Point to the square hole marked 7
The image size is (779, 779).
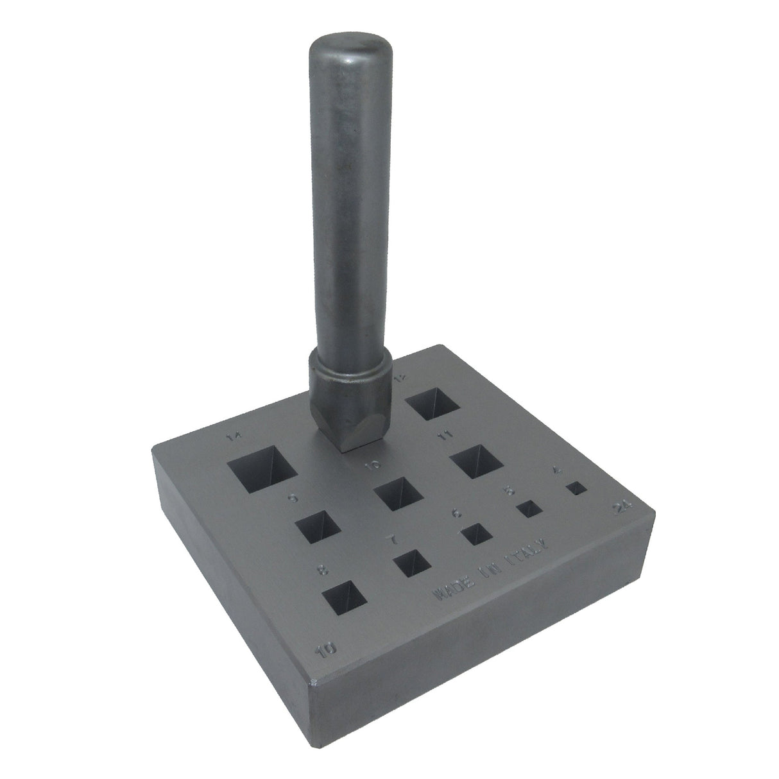(413, 565)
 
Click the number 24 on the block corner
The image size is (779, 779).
(621, 508)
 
